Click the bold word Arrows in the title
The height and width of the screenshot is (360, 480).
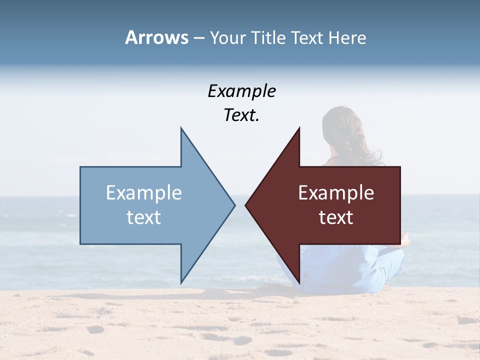pyautogui.click(x=156, y=37)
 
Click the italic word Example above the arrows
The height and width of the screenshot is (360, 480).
pyautogui.click(x=241, y=91)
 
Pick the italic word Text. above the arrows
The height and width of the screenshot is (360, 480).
pyautogui.click(x=241, y=115)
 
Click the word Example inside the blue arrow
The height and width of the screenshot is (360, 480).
pyautogui.click(x=144, y=193)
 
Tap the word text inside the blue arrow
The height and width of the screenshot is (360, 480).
pyautogui.click(x=144, y=217)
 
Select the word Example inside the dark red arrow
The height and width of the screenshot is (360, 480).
pyautogui.click(x=336, y=193)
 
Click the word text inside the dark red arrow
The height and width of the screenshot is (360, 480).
pyautogui.click(x=336, y=217)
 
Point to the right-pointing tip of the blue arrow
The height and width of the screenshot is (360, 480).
pyautogui.click(x=234, y=205)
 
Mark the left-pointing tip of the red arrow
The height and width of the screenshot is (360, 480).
pyautogui.click(x=245, y=205)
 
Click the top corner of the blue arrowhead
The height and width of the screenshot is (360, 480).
pyautogui.click(x=181, y=128)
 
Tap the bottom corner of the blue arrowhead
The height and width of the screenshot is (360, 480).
pyautogui.click(x=181, y=283)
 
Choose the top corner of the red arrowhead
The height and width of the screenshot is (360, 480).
pyautogui.click(x=299, y=128)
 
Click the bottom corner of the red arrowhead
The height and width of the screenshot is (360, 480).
pyautogui.click(x=299, y=283)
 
